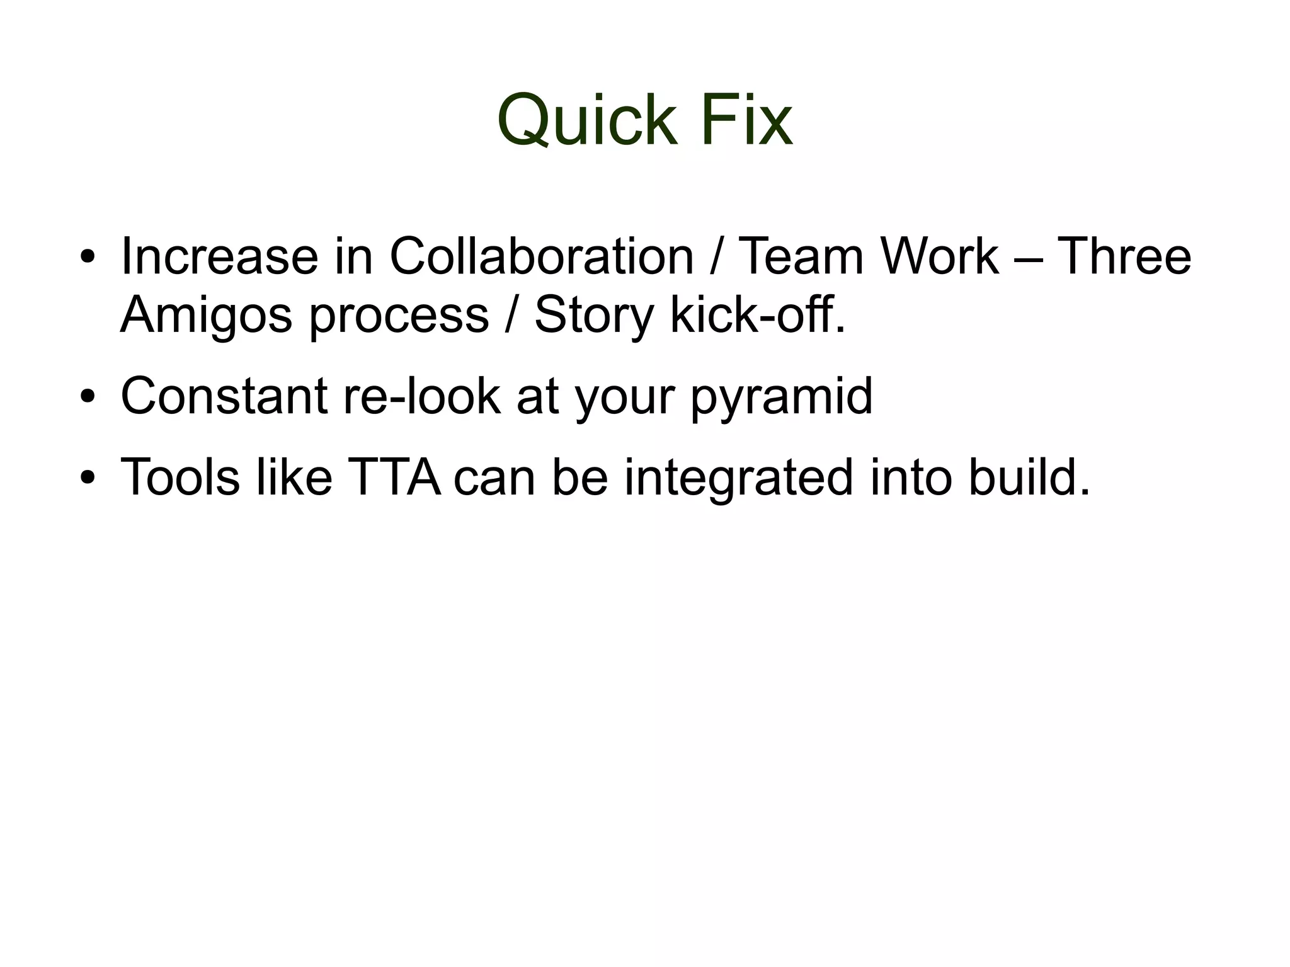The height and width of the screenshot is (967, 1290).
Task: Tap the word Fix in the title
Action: (746, 120)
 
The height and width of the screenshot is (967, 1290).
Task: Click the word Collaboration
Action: (541, 256)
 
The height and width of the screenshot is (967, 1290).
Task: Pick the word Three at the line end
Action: (1124, 256)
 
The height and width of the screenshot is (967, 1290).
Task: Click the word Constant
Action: (224, 396)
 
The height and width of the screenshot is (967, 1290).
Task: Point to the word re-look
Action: (421, 396)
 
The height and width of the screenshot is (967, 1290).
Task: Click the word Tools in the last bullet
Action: (180, 477)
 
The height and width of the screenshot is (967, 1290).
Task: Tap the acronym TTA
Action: (394, 477)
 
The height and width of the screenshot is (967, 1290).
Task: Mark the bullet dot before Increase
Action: (88, 258)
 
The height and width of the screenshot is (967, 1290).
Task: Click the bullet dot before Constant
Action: (88, 398)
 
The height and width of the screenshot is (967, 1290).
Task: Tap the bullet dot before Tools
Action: (88, 479)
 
